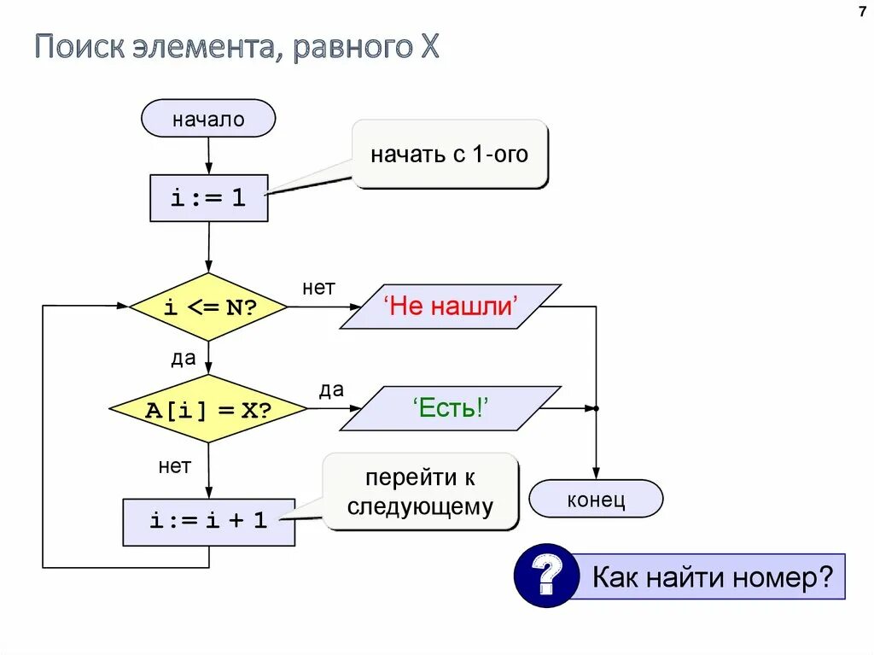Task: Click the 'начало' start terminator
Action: (208, 119)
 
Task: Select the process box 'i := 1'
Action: (208, 198)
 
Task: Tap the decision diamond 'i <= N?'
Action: (208, 308)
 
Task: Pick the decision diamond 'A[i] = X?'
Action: (208, 409)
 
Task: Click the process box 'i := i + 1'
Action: (208, 521)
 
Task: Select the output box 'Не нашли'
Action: (451, 307)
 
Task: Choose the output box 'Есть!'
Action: (451, 408)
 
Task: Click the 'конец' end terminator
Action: (596, 499)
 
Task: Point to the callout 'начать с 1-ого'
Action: (449, 155)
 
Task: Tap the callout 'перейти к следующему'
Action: (420, 492)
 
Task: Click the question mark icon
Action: (546, 576)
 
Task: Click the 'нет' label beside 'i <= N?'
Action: (318, 288)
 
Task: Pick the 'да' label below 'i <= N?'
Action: (184, 359)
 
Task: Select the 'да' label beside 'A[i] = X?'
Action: (331, 390)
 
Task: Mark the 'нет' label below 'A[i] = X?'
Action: (174, 466)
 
